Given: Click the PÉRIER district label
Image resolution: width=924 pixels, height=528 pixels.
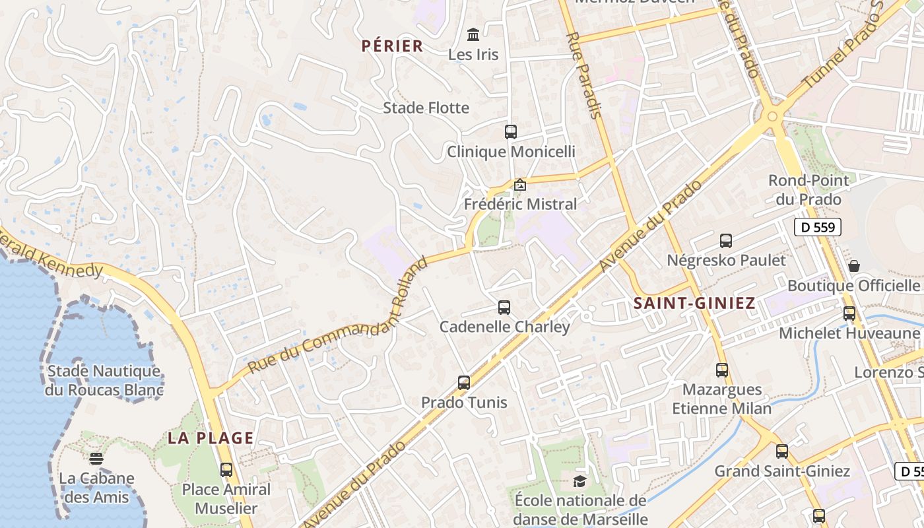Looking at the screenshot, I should point(392,46).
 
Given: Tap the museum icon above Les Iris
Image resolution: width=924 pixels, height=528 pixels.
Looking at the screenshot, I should point(473,34).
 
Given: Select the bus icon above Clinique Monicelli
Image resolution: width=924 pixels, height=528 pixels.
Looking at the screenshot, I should point(510,131).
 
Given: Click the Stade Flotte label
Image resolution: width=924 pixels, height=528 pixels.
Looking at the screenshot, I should point(426,108).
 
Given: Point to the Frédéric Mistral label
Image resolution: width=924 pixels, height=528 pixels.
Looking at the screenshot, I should point(520,204).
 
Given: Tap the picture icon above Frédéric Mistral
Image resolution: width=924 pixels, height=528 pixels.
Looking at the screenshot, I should point(520,185).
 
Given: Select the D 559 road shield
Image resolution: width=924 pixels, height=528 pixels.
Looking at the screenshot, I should point(817,228).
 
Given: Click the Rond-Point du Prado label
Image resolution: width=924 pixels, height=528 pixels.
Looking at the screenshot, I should point(808,189).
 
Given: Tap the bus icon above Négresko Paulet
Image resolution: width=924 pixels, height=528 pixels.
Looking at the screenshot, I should point(726,241).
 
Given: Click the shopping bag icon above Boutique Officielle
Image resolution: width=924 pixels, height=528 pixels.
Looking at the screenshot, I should point(854,266).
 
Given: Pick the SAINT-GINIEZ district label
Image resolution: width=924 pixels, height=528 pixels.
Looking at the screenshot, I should point(694,304).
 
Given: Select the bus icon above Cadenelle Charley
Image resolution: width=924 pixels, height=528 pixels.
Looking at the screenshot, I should point(504,308).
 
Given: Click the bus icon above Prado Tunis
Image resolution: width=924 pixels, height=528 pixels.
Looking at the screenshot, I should point(464,383).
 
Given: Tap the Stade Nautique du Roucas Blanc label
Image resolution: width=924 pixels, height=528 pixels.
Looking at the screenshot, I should point(104,380).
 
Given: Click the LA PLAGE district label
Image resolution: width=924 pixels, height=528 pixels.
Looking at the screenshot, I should point(211,438).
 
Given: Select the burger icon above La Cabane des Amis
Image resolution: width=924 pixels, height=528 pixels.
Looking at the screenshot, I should point(96,459).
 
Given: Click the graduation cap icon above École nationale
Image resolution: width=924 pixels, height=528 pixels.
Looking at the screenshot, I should point(579,481).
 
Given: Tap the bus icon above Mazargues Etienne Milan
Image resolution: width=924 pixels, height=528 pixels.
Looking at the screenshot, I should point(722,370).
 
